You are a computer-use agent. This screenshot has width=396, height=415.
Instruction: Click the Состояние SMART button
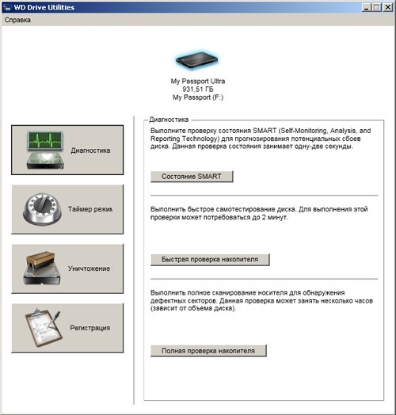(192, 177)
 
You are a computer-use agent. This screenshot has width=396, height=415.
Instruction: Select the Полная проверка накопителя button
(208, 351)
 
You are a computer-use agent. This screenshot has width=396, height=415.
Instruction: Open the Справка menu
(17, 20)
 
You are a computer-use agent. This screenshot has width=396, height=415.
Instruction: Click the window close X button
(388, 7)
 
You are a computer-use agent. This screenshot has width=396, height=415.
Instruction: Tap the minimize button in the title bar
(367, 7)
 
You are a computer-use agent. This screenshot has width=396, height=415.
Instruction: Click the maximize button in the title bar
(377, 7)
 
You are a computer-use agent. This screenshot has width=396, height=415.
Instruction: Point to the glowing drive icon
(197, 60)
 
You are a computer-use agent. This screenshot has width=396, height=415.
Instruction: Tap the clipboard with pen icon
(44, 328)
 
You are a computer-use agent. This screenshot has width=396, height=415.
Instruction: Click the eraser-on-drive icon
(42, 268)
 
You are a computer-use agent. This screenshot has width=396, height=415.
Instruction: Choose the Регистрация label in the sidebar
(90, 328)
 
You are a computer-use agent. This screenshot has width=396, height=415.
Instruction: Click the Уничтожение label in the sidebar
(89, 268)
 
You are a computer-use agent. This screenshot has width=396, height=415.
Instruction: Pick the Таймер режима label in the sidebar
(90, 209)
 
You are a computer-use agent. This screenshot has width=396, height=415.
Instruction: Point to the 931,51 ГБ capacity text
(198, 89)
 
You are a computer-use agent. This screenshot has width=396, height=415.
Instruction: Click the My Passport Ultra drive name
(198, 82)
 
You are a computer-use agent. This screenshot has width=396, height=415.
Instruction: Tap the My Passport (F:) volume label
(198, 97)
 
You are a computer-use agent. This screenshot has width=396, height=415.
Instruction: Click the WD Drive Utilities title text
(44, 7)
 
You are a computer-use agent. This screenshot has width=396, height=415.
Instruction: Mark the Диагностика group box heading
(169, 120)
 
